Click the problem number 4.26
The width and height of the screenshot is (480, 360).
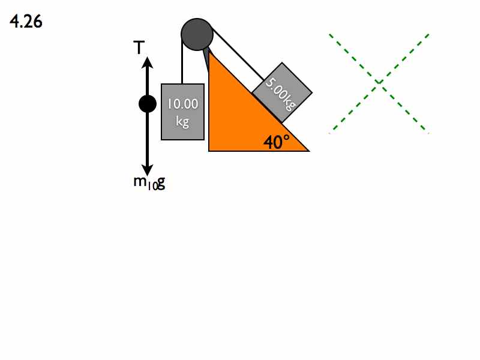[26, 22]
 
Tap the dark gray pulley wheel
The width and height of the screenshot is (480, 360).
[197, 34]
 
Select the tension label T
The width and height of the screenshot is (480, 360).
[139, 47]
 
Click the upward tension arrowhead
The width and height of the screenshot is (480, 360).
[147, 62]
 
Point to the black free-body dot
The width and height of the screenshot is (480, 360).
[148, 104]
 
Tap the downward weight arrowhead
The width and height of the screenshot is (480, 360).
[147, 170]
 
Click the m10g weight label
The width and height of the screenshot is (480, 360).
[149, 183]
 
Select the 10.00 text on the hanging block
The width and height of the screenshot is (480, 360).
[183, 104]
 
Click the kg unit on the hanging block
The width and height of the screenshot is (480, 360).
[182, 122]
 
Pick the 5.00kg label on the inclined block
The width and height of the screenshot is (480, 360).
[281, 94]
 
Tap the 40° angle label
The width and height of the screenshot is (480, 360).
[277, 142]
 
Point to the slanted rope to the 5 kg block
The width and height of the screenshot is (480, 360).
[238, 55]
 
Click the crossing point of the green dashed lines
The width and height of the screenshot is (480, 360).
[379, 82]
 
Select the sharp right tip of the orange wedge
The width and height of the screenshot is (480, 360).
[309, 151]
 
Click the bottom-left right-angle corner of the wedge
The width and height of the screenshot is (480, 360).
[209, 151]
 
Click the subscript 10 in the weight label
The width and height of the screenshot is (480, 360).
[152, 186]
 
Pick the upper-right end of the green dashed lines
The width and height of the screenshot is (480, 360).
[428, 34]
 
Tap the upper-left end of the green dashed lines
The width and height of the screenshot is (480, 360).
[329, 34]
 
